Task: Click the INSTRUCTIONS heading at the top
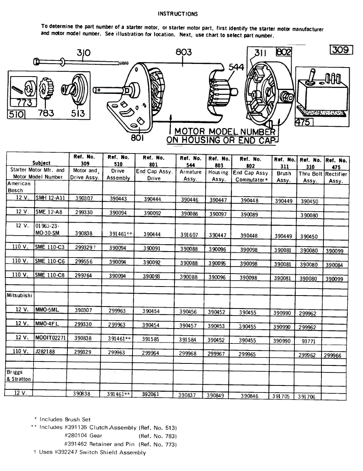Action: (178, 14)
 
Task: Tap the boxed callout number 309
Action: (342, 50)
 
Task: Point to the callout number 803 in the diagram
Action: (183, 52)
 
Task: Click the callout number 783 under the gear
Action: (46, 113)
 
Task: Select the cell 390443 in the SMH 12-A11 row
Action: (118, 199)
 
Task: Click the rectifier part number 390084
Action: (334, 265)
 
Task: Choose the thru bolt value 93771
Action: (309, 341)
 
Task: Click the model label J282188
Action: (45, 352)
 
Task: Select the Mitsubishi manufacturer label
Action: (19, 295)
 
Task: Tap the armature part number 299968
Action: (188, 353)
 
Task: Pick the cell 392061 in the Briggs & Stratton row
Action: (151, 394)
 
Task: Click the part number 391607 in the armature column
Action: (189, 235)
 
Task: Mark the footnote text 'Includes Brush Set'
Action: (65, 419)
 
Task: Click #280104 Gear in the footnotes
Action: (83, 435)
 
